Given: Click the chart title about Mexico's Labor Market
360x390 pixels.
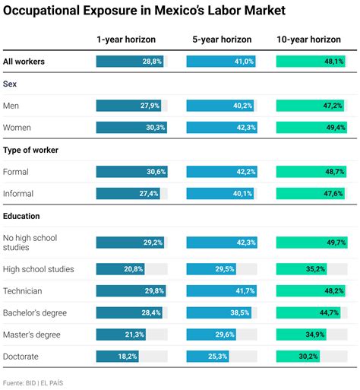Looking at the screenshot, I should pos(144,11).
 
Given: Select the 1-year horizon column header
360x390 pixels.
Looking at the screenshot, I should pos(125,39).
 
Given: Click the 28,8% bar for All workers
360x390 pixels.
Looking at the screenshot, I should pos(128,61).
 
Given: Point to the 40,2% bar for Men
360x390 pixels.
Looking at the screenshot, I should pos(220,106).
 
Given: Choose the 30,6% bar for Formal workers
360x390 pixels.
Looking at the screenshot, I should pos(130,172).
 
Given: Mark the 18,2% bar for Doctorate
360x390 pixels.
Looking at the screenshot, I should pos(118,356).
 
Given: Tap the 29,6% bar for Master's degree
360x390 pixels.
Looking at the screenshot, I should pos(212,335).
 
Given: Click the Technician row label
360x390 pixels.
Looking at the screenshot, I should pos(23,291).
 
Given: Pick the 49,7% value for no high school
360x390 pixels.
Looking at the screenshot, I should pos(335,243).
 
